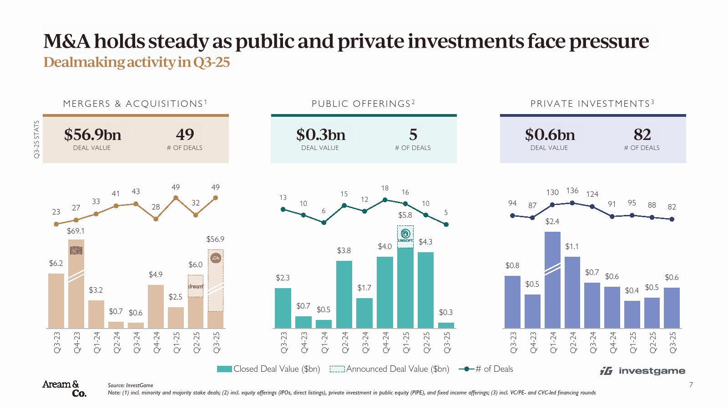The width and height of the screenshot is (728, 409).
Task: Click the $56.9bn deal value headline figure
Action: pos(92,135)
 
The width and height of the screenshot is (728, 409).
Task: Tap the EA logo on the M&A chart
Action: pos(216,258)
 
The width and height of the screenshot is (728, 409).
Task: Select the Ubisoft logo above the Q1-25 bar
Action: pos(405,235)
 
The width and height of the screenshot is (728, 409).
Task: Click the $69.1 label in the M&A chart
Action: pos(76,231)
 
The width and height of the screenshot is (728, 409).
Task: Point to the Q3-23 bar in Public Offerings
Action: pos(283,308)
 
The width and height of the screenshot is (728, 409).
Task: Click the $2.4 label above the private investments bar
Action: pos(552,221)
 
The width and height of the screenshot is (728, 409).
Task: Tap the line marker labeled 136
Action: pos(572,203)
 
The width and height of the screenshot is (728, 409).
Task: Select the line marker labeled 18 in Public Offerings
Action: pos(385,200)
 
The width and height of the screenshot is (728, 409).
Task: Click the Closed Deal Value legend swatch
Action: pos(224,369)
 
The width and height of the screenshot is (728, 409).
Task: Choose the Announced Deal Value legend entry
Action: pos(389,369)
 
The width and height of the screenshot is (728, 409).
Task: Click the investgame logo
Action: pos(642,371)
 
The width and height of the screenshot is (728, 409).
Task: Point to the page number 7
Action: pos(691,385)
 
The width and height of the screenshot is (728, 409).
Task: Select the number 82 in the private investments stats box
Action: pos(642,135)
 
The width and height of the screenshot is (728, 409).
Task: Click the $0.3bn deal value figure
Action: pos(320,135)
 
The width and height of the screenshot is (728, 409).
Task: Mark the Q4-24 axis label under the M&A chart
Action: pos(156,342)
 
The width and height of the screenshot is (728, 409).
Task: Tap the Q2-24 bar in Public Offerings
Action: pos(344,294)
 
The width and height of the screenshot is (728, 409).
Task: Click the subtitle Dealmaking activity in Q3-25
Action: pos(136,62)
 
